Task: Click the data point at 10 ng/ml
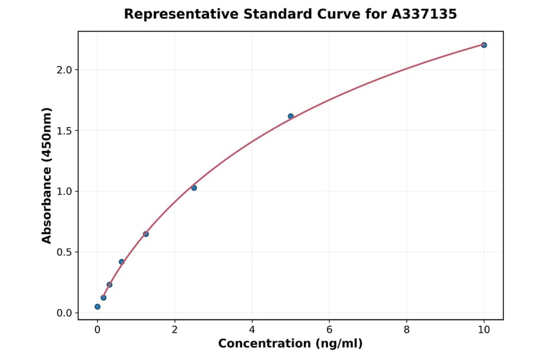point(484,45)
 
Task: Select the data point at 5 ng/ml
point(291,116)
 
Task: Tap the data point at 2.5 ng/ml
point(194,188)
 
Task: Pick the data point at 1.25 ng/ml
point(146,234)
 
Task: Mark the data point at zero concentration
point(97,307)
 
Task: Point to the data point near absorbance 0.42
point(122,262)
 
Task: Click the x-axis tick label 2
point(174,330)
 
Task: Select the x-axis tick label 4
point(252,330)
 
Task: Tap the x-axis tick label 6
point(329,330)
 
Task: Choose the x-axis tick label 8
point(406,330)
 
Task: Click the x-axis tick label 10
point(484,330)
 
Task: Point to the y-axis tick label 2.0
point(64,70)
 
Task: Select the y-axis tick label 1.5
point(64,131)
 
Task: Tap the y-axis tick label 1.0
point(64,192)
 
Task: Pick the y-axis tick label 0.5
point(64,252)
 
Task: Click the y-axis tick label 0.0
point(64,313)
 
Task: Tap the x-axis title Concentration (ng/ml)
point(291,344)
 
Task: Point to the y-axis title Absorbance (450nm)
point(47,175)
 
